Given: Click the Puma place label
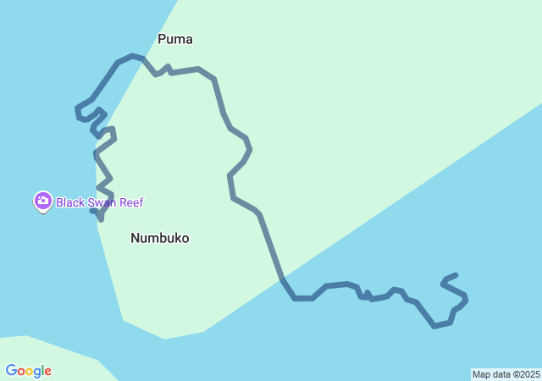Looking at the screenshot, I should (175, 39).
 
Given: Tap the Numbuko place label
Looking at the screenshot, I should (160, 238).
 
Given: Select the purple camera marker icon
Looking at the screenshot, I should (42, 202).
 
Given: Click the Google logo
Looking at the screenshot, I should (28, 371).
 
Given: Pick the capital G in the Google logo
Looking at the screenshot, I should (11, 371).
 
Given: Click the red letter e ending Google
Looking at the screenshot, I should (48, 372).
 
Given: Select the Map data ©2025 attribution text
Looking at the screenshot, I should (506, 374).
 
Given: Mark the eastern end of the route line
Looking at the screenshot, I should (456, 275).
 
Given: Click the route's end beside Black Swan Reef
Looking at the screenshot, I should (92, 211).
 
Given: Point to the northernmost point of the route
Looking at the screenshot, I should (132, 56).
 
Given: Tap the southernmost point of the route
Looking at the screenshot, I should (434, 326).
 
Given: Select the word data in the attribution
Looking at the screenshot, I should (500, 374).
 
